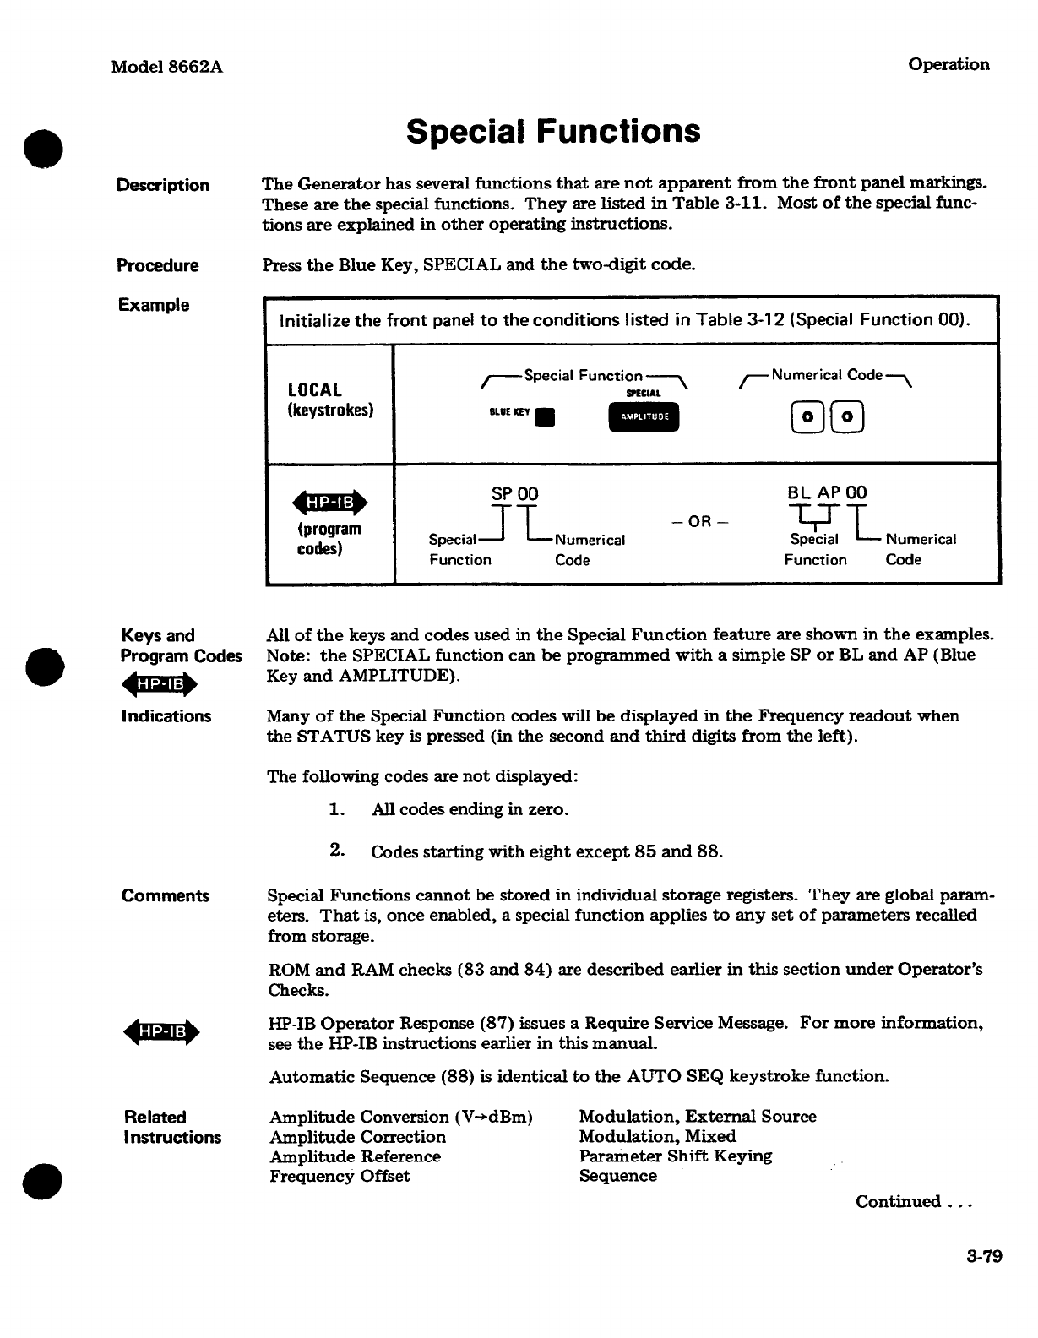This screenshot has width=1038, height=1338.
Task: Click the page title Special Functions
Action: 553,132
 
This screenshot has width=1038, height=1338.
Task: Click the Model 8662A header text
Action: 167,67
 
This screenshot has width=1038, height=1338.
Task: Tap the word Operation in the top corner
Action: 948,64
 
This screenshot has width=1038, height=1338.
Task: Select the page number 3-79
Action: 984,1256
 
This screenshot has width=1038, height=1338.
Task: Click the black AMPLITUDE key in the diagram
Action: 643,416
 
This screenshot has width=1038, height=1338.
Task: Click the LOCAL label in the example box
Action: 315,390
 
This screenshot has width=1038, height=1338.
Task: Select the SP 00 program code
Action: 514,493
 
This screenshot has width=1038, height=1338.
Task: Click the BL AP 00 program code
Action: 827,492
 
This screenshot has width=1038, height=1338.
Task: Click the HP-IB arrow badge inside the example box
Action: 329,503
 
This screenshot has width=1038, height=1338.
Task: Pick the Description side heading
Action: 163,185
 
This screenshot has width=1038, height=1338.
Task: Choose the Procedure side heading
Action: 158,265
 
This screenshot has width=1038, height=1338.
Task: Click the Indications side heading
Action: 166,716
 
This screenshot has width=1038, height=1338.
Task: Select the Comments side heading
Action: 166,896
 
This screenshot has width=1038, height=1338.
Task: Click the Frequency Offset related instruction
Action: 340,1176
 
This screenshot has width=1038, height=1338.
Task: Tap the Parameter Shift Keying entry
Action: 676,1156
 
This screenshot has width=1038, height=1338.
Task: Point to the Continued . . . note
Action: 915,1201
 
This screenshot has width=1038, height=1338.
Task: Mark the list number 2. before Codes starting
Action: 337,850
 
